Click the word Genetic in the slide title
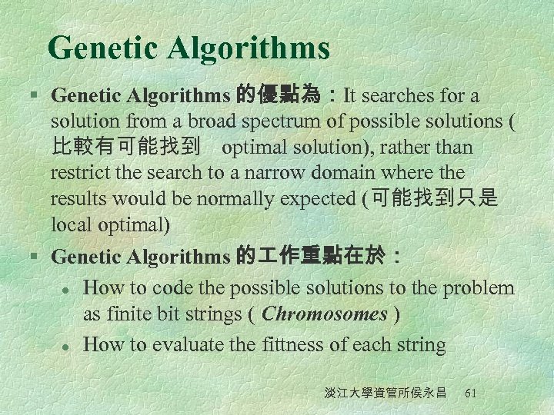pos(103,48)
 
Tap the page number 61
pos(471,393)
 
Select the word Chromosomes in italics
pos(325,314)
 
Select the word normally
pos(238,199)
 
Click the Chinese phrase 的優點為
pos(279,95)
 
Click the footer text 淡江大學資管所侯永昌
pos(385,393)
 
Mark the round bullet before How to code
pos(68,289)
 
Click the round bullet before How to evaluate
pos(68,346)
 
